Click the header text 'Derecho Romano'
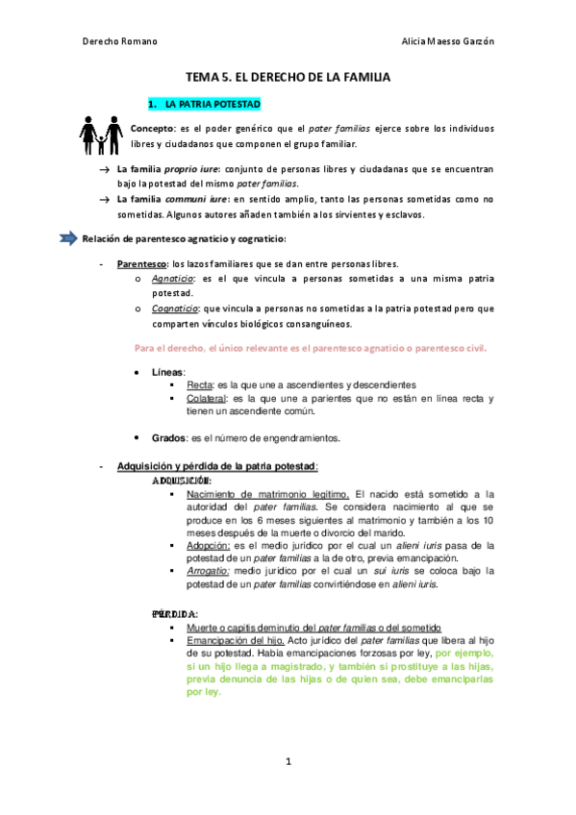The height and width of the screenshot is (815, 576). (x=120, y=41)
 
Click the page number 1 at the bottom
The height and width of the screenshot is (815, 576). (x=288, y=761)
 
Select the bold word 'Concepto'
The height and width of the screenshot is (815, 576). (x=153, y=127)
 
